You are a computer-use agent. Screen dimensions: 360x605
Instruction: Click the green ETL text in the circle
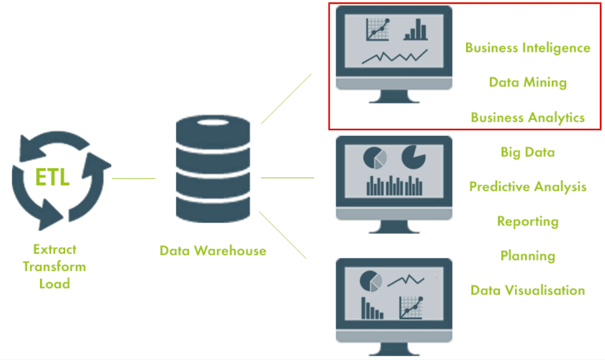(x=53, y=177)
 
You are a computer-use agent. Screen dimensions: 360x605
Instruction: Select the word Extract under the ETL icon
(x=54, y=249)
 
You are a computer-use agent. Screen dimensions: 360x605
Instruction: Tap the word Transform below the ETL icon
(x=54, y=267)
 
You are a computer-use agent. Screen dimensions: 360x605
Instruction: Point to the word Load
(x=54, y=284)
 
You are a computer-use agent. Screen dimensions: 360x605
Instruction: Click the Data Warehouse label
(x=213, y=251)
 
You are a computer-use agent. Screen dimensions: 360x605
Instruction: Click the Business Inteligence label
(x=528, y=48)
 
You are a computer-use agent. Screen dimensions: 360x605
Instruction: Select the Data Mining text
(x=528, y=82)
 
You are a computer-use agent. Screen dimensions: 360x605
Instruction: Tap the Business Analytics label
(x=528, y=117)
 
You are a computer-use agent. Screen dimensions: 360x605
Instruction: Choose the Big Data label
(x=528, y=152)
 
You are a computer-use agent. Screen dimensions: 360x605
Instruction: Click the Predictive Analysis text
(x=528, y=187)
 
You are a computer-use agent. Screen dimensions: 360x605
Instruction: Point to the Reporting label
(x=528, y=222)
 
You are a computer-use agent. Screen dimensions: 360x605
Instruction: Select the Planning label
(x=528, y=256)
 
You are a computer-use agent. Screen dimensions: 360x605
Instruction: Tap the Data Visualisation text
(x=528, y=290)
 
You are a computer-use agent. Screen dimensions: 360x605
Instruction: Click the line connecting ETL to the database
(x=134, y=178)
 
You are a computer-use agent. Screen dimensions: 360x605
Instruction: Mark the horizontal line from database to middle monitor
(x=287, y=177)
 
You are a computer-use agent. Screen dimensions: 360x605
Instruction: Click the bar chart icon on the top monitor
(x=415, y=30)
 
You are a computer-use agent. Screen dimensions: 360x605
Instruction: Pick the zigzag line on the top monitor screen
(x=395, y=56)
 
